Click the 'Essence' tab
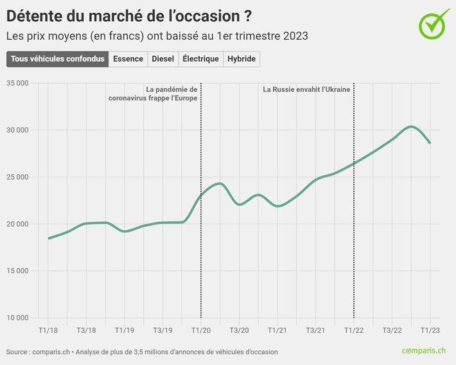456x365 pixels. click(x=128, y=59)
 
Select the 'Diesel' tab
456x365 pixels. click(x=162, y=59)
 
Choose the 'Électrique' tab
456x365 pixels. click(x=200, y=59)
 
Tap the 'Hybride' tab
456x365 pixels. click(x=241, y=59)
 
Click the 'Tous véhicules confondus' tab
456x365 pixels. click(x=58, y=59)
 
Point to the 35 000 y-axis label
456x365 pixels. click(x=17, y=83)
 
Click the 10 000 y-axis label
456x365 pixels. click(x=17, y=317)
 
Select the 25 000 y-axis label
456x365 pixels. click(x=17, y=177)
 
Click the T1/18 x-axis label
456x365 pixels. click(x=48, y=330)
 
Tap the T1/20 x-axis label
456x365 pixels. click(x=201, y=330)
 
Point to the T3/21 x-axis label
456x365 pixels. click(x=315, y=330)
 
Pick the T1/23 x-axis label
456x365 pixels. click(x=430, y=330)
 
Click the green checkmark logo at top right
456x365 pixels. click(x=434, y=23)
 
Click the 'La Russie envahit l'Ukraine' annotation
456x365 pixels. click(x=306, y=89)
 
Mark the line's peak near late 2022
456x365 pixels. click(x=412, y=127)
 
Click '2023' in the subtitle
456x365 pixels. click(x=295, y=36)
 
